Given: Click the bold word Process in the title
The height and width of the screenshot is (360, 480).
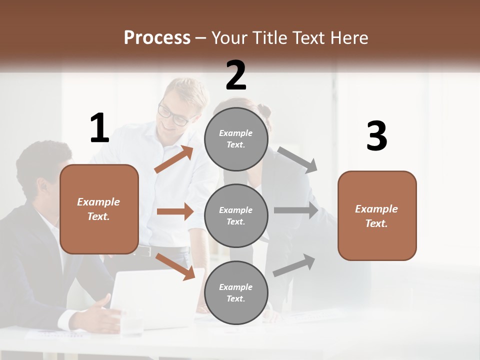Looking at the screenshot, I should [x=157, y=38].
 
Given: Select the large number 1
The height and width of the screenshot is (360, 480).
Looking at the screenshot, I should [x=99, y=128].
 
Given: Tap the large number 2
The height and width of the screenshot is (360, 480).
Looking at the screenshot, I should [x=236, y=75].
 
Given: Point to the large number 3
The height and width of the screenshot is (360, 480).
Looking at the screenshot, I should [x=377, y=136].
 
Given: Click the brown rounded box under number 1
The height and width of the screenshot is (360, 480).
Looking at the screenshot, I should [x=99, y=209].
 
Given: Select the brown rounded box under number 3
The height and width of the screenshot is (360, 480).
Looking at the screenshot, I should [x=377, y=215].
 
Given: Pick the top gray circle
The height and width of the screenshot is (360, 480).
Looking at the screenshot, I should [x=236, y=139].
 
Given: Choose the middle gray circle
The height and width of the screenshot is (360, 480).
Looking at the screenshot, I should [x=236, y=215].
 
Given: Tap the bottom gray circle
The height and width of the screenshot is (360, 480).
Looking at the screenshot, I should [x=236, y=292].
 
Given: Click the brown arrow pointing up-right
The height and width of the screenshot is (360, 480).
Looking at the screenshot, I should [x=174, y=159].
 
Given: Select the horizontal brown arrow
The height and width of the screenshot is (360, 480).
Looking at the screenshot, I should [x=175, y=211].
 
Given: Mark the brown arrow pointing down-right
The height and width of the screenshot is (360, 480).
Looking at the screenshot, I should [x=175, y=266].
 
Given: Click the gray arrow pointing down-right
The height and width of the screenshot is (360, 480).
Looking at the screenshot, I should [x=297, y=160].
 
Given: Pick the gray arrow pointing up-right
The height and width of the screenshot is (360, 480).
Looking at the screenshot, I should [x=294, y=265].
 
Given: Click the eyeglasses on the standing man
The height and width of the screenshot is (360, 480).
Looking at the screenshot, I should [x=173, y=114].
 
